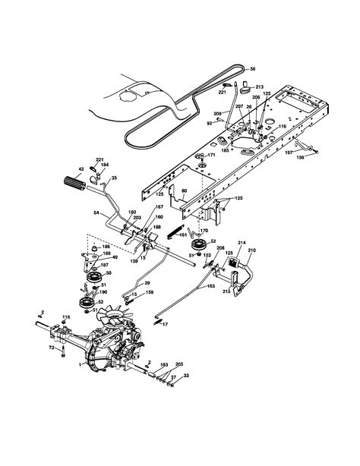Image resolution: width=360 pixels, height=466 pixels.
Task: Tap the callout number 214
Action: (242, 242)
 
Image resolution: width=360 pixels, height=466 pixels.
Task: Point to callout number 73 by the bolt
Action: (51, 347)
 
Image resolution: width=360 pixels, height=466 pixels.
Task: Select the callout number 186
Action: (105, 247)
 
